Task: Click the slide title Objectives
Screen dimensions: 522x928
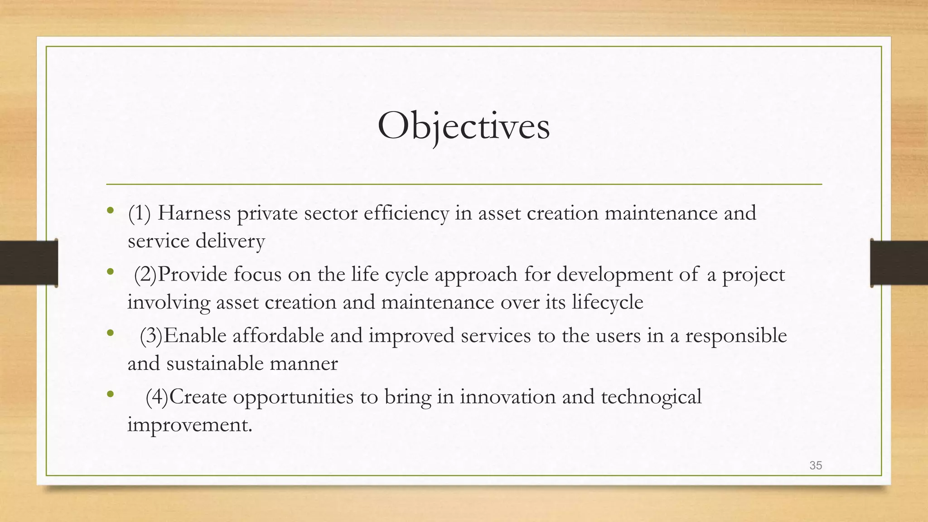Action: point(464,126)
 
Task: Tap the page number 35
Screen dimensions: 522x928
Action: point(816,465)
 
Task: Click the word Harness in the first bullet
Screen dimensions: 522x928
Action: point(194,213)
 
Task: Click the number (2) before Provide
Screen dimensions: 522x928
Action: point(145,275)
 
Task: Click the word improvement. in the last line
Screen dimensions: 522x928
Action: point(189,425)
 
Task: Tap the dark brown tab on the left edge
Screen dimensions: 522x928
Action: point(29,263)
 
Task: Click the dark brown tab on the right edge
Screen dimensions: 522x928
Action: point(899,263)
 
